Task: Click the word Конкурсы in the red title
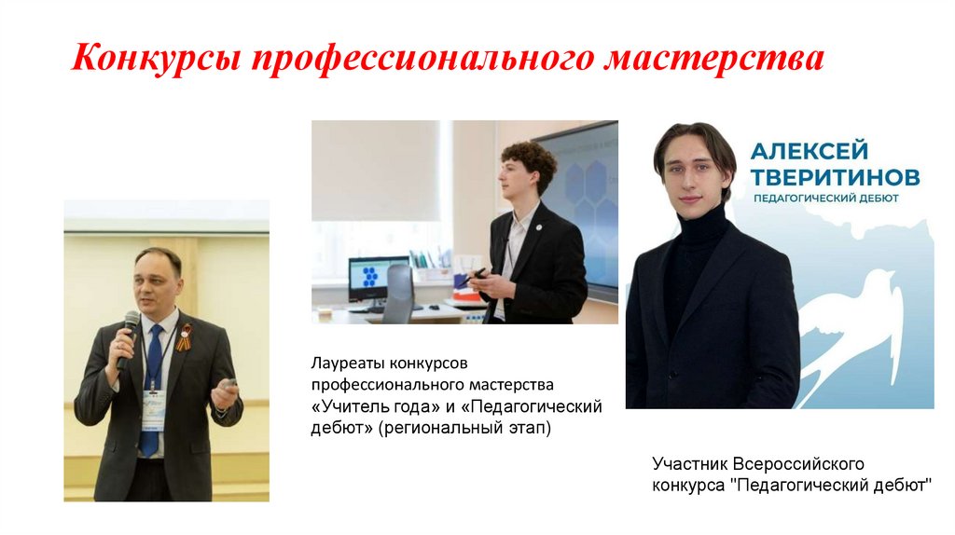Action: pos(158,61)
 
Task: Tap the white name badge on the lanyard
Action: pos(154,408)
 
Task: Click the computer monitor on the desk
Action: pos(378,278)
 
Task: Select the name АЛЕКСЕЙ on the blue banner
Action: pos(810,151)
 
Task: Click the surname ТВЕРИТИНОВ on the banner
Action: pos(836,176)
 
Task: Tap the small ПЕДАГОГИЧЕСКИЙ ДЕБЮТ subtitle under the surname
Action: pos(825,199)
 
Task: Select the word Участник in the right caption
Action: pos(689,463)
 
